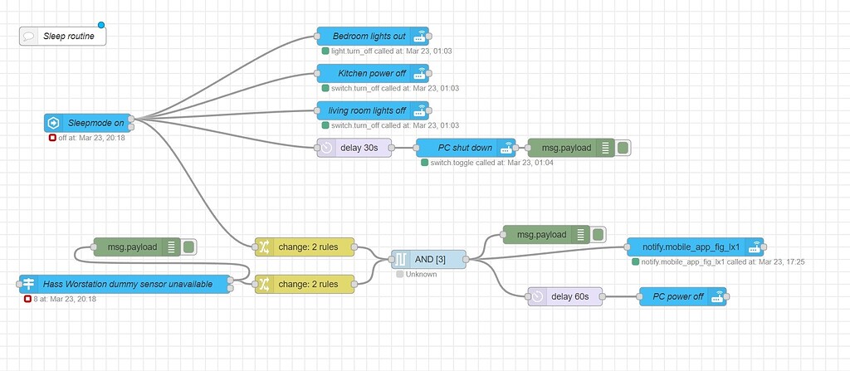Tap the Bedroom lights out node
tap(369, 36)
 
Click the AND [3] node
tap(428, 260)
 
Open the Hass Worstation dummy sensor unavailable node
tap(125, 285)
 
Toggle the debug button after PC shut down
tap(623, 148)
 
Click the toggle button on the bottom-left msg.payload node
tap(189, 247)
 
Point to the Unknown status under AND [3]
tap(420, 275)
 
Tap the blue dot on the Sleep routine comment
tap(101, 25)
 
